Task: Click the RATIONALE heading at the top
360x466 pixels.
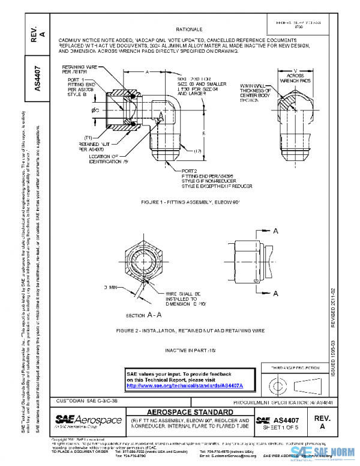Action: point(190,29)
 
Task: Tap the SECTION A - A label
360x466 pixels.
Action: point(143,314)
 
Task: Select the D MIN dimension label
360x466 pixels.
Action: point(111,288)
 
